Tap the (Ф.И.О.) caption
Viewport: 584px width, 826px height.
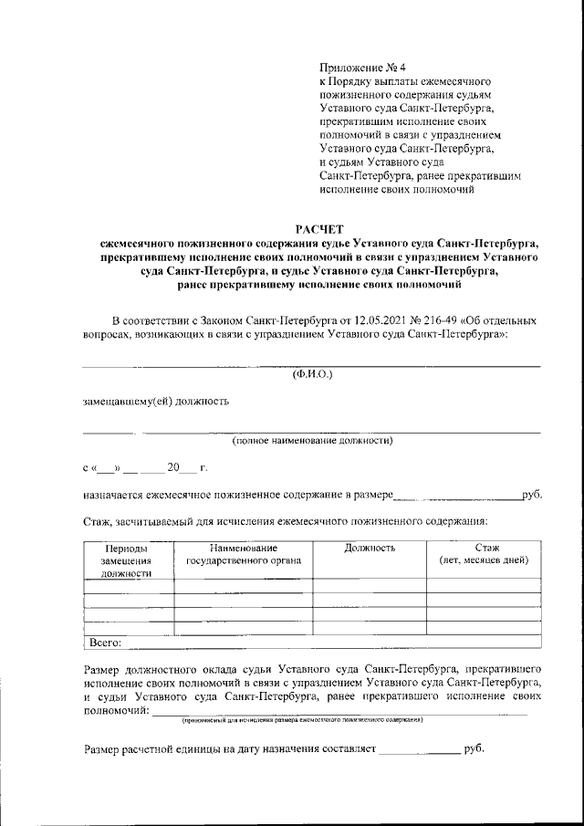point(312,374)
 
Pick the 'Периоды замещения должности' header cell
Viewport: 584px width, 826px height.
point(126,560)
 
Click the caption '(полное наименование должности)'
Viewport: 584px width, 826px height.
point(311,441)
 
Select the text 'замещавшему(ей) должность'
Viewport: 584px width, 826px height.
point(155,400)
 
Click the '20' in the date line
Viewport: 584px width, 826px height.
point(162,469)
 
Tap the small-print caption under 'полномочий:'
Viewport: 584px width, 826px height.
point(301,720)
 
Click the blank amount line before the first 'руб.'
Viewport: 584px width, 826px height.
point(456,497)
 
